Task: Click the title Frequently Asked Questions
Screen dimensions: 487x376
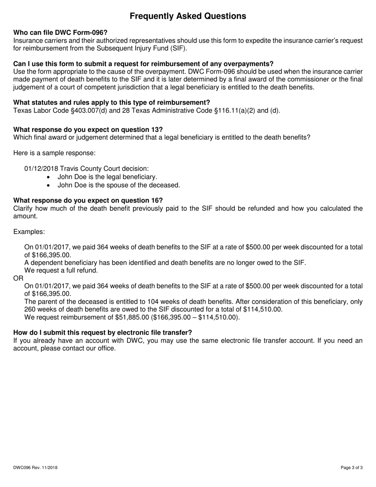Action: [x=188, y=16]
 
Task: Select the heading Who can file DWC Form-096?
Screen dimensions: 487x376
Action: [x=60, y=33]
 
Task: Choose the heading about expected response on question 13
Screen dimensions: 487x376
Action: [x=88, y=130]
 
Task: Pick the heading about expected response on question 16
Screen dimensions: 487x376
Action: [x=88, y=200]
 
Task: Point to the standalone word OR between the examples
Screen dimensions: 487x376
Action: [x=18, y=278]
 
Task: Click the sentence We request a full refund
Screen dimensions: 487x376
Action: [x=61, y=270]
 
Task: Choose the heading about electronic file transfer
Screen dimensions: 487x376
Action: [x=103, y=333]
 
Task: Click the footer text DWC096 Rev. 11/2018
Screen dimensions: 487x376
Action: [x=35, y=468]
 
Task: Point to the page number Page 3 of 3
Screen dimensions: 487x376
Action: [x=352, y=468]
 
